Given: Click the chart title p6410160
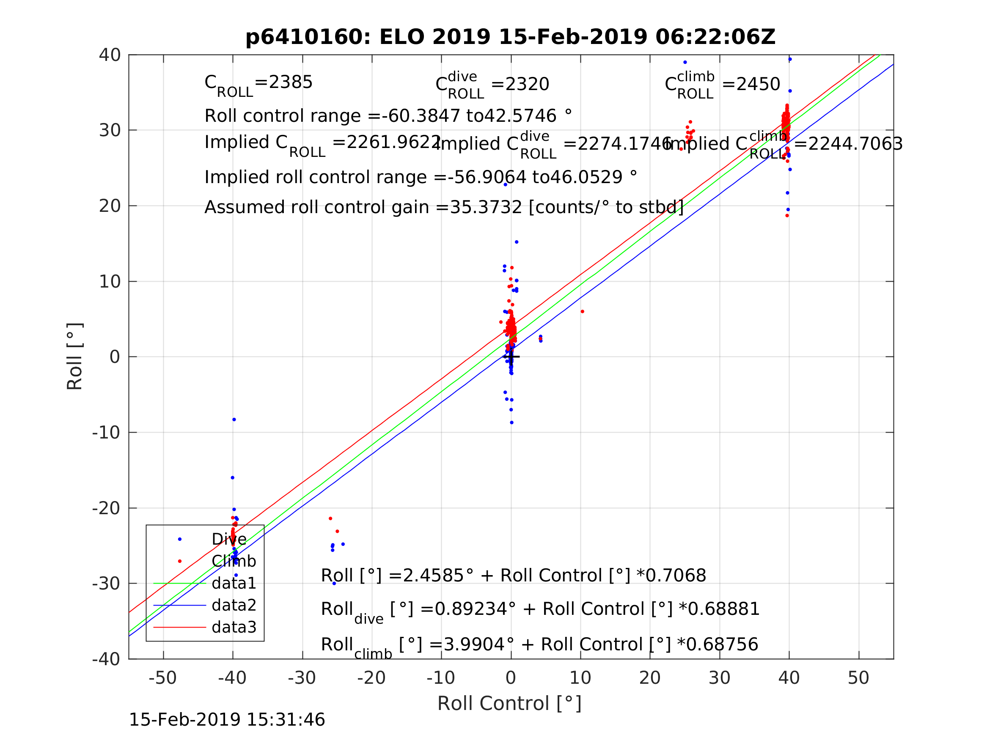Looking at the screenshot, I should coord(510,37).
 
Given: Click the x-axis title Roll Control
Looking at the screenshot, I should coord(509,704).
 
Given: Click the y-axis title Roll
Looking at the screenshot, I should coord(75,356).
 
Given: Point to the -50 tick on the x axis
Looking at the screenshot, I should coord(163,678).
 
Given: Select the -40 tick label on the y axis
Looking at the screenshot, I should coord(106,659).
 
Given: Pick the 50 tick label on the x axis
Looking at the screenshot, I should coord(858,678).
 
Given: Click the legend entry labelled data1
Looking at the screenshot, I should coord(234,583).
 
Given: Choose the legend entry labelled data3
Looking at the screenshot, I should coord(234,627).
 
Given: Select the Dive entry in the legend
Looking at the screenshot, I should coord(229,539).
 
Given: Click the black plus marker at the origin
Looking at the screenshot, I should coord(511,357).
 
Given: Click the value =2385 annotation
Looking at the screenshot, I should coord(284,82).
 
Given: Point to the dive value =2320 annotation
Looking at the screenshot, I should coord(520,84).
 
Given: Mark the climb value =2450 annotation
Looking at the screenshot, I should coord(751,84).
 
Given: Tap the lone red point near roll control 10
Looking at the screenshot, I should coord(582,311).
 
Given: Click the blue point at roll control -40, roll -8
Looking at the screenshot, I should coord(234,420).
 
